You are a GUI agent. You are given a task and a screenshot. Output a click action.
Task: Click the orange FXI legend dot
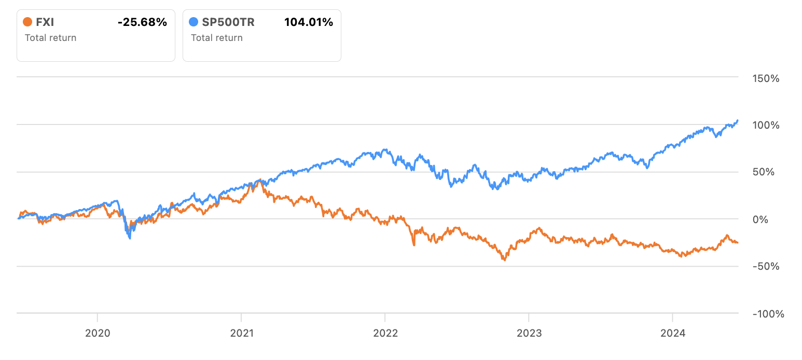28,22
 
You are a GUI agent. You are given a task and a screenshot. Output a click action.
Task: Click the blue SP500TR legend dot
193,22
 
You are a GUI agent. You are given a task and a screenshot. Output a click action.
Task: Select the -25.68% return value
142,22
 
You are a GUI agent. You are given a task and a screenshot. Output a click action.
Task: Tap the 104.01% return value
309,22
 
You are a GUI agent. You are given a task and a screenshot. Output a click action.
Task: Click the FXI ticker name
45,22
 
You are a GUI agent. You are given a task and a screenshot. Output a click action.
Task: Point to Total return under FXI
50,37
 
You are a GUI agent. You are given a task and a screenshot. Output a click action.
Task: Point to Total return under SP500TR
216,37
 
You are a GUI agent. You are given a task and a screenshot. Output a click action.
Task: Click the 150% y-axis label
766,78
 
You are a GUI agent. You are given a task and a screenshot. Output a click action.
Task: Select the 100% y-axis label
766,125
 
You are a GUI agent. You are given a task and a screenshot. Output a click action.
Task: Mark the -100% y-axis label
765,314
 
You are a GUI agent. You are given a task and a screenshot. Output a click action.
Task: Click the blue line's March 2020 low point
130,238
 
